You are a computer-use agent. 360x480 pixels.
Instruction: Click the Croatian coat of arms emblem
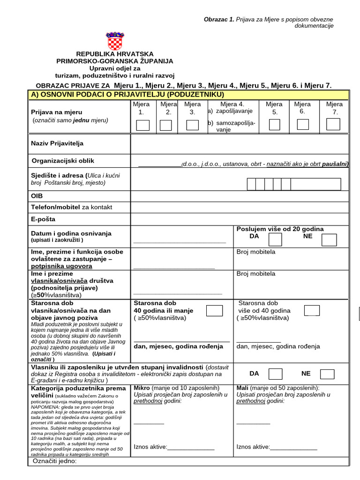pyautogui.click(x=114, y=41)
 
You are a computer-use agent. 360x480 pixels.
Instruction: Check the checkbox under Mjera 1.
pyautogui.click(x=142, y=125)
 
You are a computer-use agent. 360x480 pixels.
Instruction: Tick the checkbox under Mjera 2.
pyautogui.click(x=166, y=125)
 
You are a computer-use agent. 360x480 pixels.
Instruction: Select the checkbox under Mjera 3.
pyautogui.click(x=192, y=125)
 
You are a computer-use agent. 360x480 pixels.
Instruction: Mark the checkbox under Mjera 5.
pyautogui.click(x=274, y=124)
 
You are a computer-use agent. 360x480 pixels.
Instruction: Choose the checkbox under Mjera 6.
pyautogui.click(x=303, y=124)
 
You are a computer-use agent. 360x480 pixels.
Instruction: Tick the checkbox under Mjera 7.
pyautogui.click(x=333, y=124)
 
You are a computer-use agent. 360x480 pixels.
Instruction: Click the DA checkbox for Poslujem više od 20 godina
pyautogui.click(x=275, y=240)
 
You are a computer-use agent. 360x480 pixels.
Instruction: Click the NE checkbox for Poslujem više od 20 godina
pyautogui.click(x=329, y=240)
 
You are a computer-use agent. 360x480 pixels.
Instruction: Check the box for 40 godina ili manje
pyautogui.click(x=215, y=310)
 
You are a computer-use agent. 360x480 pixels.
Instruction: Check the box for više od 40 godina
pyautogui.click(x=312, y=310)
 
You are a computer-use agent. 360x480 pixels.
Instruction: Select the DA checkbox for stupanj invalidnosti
pyautogui.click(x=275, y=374)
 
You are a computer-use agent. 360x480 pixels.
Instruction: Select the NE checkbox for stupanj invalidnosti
pyautogui.click(x=327, y=374)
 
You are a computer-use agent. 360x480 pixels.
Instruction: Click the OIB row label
pyautogui.click(x=37, y=196)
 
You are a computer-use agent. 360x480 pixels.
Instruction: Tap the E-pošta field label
pyautogui.click(x=43, y=219)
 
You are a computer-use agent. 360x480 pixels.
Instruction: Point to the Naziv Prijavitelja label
pyautogui.click(x=57, y=143)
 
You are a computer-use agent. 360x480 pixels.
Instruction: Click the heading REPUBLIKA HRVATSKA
pyautogui.click(x=114, y=54)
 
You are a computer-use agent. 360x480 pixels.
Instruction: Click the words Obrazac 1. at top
pyautogui.click(x=219, y=19)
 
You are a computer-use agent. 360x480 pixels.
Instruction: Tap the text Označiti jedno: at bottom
pyautogui.click(x=54, y=461)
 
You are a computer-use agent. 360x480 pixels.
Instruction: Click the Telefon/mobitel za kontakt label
pyautogui.click(x=71, y=207)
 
